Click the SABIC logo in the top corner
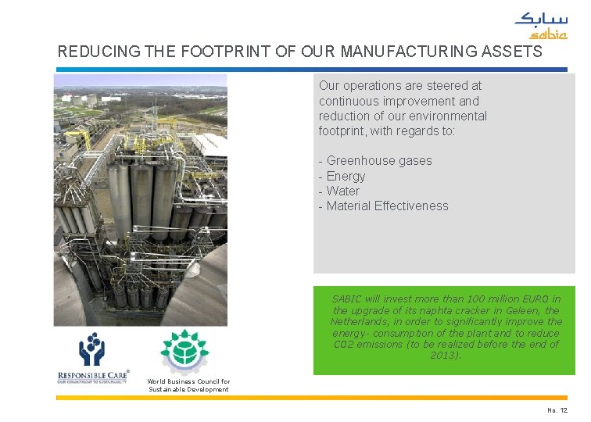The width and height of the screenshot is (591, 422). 540,26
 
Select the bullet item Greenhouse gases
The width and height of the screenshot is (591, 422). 379,160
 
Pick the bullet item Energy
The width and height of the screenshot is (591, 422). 346,176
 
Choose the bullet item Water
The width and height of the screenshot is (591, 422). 342,191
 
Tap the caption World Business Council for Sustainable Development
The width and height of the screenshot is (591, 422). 188,385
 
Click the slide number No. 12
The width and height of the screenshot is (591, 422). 557,410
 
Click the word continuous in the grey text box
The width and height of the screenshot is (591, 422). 349,101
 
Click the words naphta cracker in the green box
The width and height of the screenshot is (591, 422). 450,310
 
